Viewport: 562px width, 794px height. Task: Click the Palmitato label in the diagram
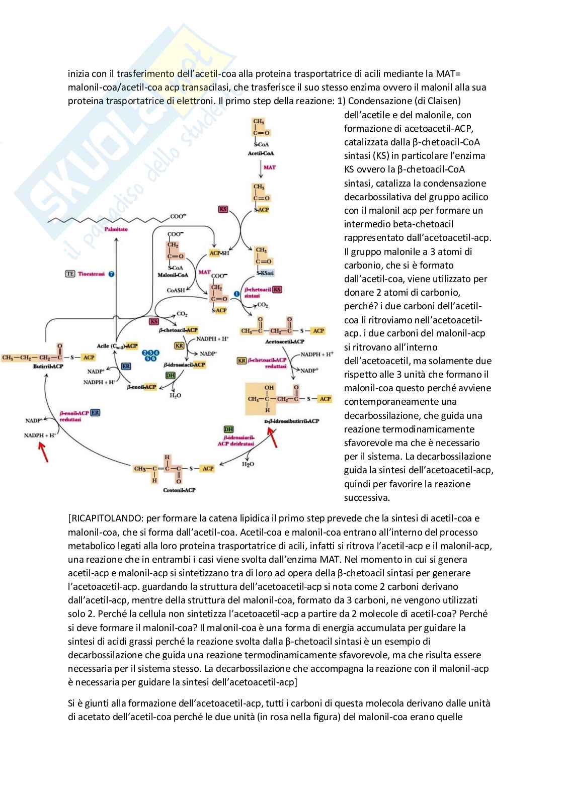(116, 229)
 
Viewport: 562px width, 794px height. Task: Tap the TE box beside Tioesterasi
(70, 274)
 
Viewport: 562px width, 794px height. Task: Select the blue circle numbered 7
(111, 274)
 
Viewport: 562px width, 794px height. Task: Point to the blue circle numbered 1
(237, 294)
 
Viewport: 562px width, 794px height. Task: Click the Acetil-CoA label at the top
(261, 153)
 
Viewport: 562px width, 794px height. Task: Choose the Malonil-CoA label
(173, 275)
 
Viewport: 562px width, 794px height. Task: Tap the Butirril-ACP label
(48, 366)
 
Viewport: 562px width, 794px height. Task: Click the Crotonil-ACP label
(179, 490)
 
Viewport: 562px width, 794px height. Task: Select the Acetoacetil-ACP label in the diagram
(284, 341)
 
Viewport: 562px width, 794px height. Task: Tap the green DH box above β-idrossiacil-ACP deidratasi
(228, 429)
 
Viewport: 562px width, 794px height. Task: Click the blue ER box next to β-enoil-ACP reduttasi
(95, 412)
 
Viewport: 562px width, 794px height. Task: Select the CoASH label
(176, 290)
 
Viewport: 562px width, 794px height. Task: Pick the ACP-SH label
(219, 253)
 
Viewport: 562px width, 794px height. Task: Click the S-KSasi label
(265, 273)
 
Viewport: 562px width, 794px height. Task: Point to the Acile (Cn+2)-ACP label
(117, 346)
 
